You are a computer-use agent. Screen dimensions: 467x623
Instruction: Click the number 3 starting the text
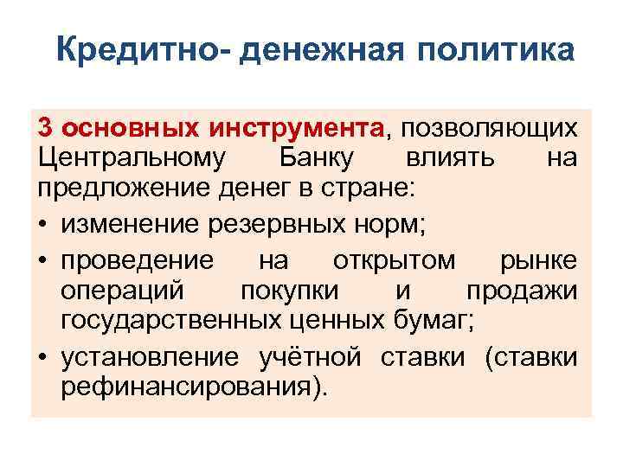click(x=46, y=129)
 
